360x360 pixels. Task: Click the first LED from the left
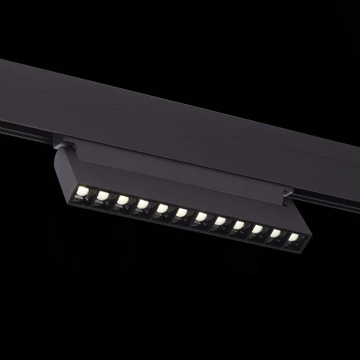pos(83,191)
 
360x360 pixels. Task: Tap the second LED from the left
pos(102,196)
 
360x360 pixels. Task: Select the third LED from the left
pos(122,200)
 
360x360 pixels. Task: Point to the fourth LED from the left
pos(142,205)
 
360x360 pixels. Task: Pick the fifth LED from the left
pos(162,208)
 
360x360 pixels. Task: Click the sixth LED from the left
pos(181,213)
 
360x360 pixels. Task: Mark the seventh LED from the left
pos(201,218)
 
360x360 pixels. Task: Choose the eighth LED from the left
pos(220,222)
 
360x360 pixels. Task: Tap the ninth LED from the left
pos(238,226)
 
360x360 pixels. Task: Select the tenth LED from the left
pos(257,230)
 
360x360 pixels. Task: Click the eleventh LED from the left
pos(276,234)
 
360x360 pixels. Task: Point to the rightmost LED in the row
pos(293,238)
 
